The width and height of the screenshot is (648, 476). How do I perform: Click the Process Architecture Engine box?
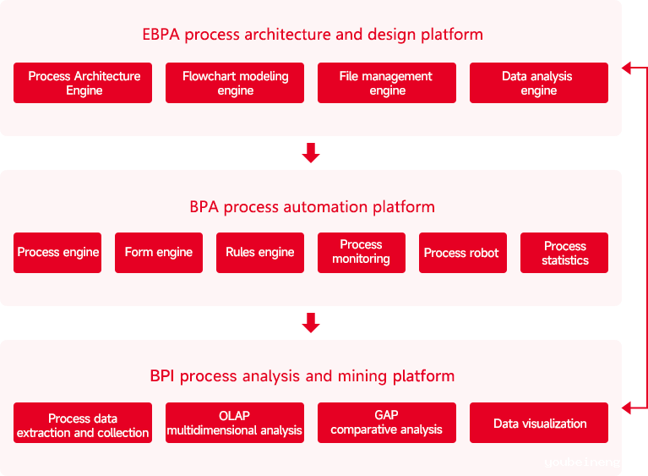pyautogui.click(x=83, y=83)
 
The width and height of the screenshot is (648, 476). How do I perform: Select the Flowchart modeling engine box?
pyautogui.click(x=235, y=83)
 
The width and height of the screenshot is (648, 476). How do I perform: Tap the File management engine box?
pyautogui.click(x=387, y=83)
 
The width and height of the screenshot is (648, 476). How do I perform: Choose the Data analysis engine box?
pyautogui.click(x=539, y=83)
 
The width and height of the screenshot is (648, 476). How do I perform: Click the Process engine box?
pyautogui.click(x=57, y=253)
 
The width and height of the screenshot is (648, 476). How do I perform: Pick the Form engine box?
pyautogui.click(x=159, y=253)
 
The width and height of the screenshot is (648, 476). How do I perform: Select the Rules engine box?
pyautogui.click(x=260, y=253)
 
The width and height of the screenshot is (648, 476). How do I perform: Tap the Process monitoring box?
pyautogui.click(x=362, y=253)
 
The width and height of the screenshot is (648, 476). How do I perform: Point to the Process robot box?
pyautogui.click(x=463, y=253)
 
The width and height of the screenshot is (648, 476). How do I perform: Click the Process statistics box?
pyautogui.click(x=564, y=253)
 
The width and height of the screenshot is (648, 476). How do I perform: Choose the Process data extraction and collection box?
pyautogui.click(x=83, y=423)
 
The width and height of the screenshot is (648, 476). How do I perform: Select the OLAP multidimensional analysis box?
pyautogui.click(x=235, y=423)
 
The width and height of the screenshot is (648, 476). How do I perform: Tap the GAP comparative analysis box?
pyautogui.click(x=387, y=423)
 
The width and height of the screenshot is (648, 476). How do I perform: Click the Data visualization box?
pyautogui.click(x=539, y=423)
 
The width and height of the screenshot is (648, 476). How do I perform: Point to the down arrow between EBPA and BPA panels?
pyautogui.click(x=311, y=153)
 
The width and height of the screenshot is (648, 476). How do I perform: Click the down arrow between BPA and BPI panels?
pyautogui.click(x=311, y=323)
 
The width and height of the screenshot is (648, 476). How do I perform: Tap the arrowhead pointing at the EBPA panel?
pyautogui.click(x=627, y=68)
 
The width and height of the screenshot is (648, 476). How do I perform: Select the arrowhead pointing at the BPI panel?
pyautogui.click(x=627, y=408)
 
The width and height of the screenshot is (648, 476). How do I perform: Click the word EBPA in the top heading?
pyautogui.click(x=161, y=35)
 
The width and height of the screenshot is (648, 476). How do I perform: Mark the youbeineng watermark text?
pyautogui.click(x=582, y=462)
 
